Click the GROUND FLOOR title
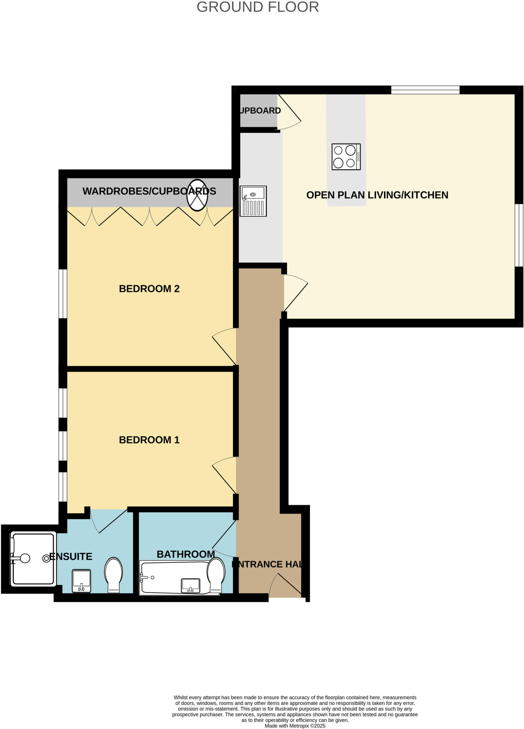coord(258,7)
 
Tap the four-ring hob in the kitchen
coord(346,157)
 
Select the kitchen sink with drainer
coord(253,201)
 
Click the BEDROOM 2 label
coord(149,289)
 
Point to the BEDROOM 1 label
coord(149,440)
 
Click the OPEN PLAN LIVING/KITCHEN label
coord(377,195)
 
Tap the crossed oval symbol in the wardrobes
coord(197,195)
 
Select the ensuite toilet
coord(113,575)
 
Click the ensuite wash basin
coord(81,581)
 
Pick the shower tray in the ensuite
coord(33,559)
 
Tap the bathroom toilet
coord(216,575)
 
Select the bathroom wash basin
coord(190,585)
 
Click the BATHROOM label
coord(185,554)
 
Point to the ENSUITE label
coord(71,556)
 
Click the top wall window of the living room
coord(425,90)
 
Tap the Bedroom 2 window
coord(63,294)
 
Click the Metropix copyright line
coord(295,726)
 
